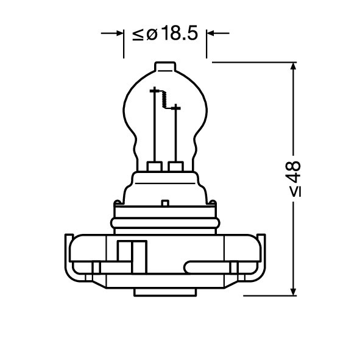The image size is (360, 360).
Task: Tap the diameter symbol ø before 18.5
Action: pos(152,35)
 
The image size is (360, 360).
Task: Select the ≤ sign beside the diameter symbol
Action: pos(138,35)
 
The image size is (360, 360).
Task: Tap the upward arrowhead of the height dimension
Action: pos(293,66)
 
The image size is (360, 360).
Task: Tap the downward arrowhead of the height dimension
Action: pos(293,292)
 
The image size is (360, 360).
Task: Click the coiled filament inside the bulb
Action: pos(164,99)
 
